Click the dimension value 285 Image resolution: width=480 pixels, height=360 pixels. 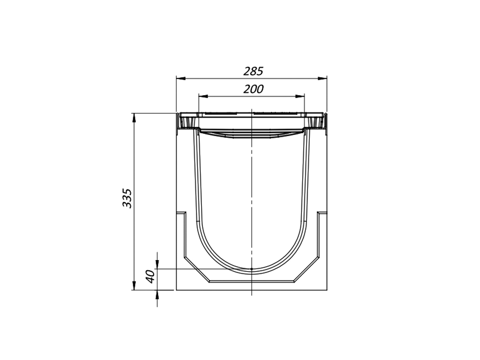(253, 71)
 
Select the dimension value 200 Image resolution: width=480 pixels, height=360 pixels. (253, 89)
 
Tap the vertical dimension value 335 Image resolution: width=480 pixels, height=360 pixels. (127, 198)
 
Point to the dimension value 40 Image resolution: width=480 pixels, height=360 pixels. (150, 277)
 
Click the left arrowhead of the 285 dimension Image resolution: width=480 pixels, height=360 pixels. (181, 79)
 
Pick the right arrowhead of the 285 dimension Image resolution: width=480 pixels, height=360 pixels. (322, 79)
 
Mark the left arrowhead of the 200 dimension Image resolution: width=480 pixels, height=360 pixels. (203, 97)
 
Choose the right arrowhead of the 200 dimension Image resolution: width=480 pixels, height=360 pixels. (300, 97)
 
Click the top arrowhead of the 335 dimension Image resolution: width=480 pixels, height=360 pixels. (134, 118)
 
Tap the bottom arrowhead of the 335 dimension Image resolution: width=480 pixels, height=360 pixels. (134, 285)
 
